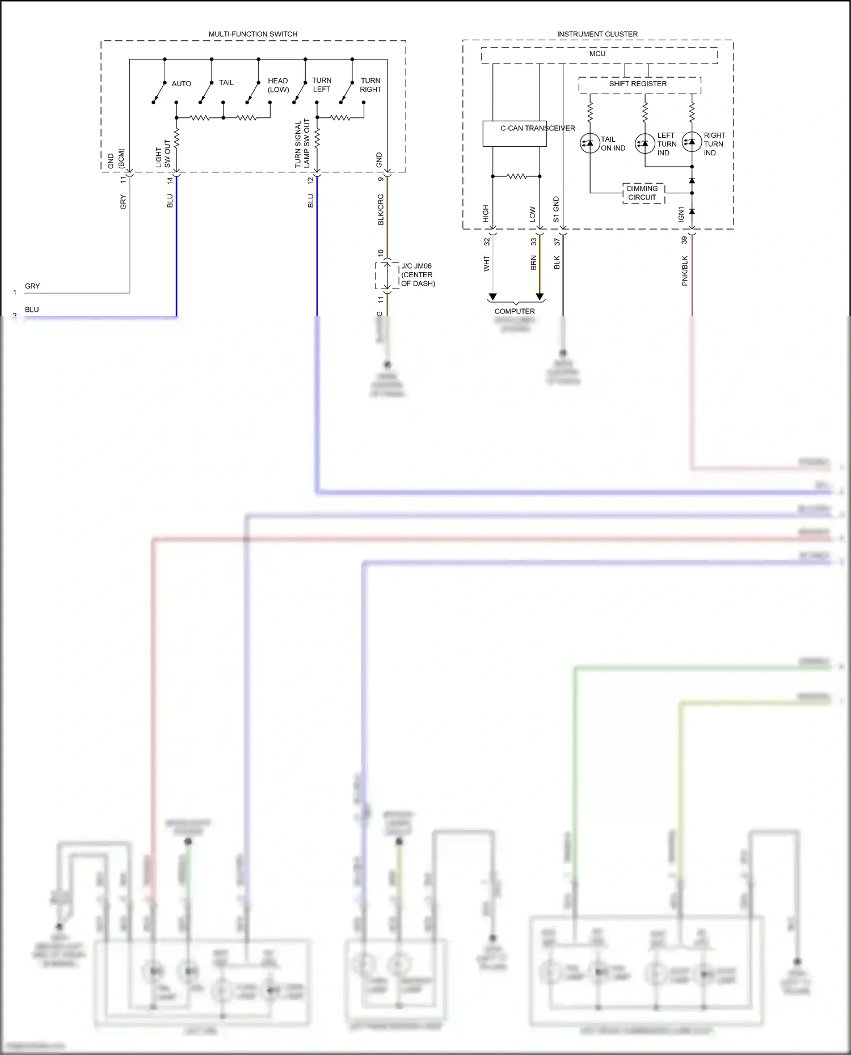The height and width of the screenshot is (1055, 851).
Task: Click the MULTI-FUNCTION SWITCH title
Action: click(253, 34)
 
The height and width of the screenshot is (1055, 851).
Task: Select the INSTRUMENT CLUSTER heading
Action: click(597, 34)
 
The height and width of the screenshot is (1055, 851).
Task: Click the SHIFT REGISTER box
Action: click(639, 84)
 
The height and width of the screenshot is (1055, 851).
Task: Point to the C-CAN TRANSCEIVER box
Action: click(515, 134)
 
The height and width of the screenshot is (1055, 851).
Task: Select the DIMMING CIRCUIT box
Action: click(643, 193)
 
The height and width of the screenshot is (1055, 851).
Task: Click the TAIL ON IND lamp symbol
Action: click(590, 143)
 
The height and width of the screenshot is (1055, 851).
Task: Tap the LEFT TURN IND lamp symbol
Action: click(645, 143)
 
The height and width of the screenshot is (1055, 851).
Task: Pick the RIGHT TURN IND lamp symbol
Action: click(692, 142)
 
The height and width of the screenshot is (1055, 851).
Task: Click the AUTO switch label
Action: click(182, 84)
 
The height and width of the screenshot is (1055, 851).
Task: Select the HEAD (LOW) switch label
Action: click(278, 85)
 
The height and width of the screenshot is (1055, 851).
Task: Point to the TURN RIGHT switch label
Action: click(370, 85)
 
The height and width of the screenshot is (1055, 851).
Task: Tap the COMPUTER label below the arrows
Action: click(515, 311)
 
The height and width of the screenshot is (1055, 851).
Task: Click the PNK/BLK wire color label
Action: click(685, 270)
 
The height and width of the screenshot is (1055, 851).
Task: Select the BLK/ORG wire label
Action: click(381, 210)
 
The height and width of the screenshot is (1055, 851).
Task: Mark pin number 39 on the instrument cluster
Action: click(685, 240)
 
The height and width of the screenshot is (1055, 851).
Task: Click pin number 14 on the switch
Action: click(170, 180)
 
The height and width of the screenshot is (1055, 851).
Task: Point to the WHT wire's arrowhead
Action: click(492, 296)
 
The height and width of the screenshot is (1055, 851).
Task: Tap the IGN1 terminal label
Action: click(681, 214)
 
